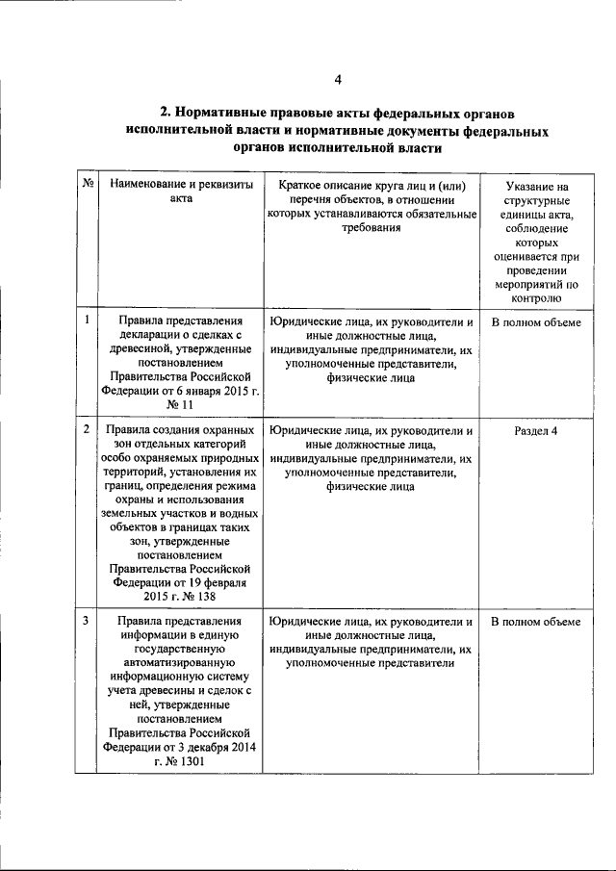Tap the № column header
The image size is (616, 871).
(87, 184)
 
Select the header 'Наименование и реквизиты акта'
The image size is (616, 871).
(181, 191)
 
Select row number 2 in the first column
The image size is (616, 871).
(87, 429)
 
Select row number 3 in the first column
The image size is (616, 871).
(87, 622)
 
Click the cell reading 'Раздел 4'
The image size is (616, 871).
(537, 430)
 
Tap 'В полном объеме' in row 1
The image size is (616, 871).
(537, 322)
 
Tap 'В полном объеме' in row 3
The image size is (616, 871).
(537, 623)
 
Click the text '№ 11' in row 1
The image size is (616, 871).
(181, 407)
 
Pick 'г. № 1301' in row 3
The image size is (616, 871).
(181, 761)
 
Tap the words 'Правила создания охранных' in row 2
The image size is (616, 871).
(181, 430)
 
